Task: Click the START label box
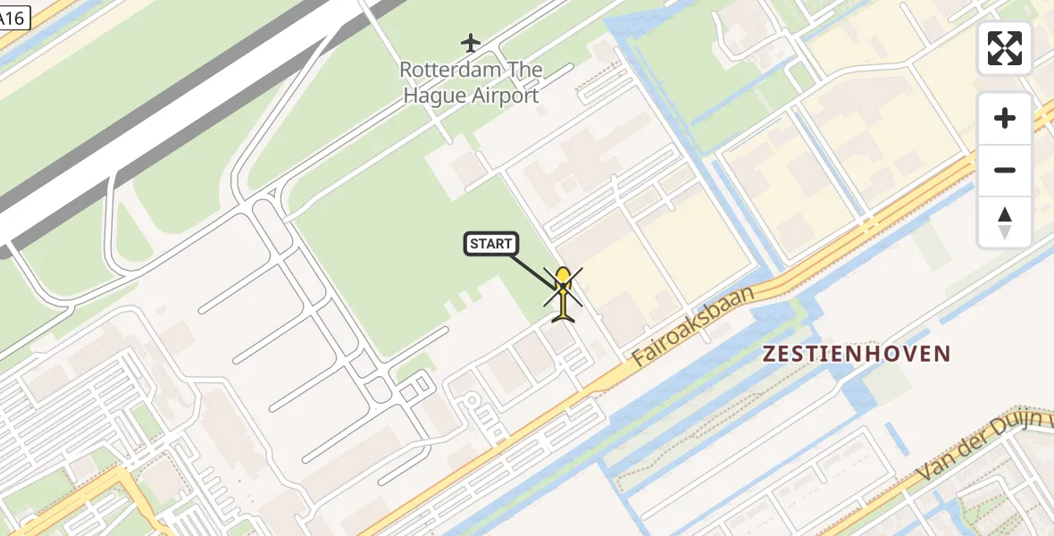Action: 490,244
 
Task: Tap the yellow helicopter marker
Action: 563,295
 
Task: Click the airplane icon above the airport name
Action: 471,42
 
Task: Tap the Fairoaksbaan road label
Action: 693,326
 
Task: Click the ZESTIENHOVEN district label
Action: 857,354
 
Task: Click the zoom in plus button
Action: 1005,118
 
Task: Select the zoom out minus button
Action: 1005,170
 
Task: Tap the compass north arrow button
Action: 1005,222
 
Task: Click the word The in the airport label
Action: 526,70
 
